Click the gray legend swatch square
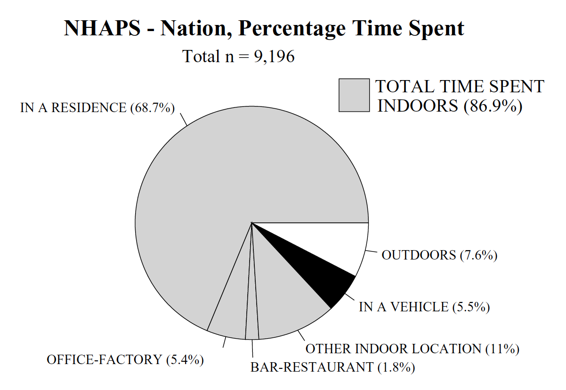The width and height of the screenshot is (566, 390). [354, 95]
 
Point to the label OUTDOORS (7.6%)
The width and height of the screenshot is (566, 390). [439, 255]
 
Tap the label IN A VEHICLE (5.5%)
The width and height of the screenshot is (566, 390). [424, 307]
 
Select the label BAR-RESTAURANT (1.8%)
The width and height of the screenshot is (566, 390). [332, 367]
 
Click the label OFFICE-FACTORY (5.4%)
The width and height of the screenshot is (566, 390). [125, 359]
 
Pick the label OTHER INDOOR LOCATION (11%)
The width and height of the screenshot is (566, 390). [412, 349]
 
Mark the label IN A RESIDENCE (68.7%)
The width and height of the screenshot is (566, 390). [97, 108]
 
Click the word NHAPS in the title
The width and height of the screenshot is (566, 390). [102, 28]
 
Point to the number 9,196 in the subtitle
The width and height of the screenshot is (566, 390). [274, 57]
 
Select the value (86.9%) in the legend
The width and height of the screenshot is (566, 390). [493, 106]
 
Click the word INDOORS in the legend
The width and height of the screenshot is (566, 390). [417, 106]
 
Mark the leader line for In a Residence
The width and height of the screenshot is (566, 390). [184, 119]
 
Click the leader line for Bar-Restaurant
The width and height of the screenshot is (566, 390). [252, 348]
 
